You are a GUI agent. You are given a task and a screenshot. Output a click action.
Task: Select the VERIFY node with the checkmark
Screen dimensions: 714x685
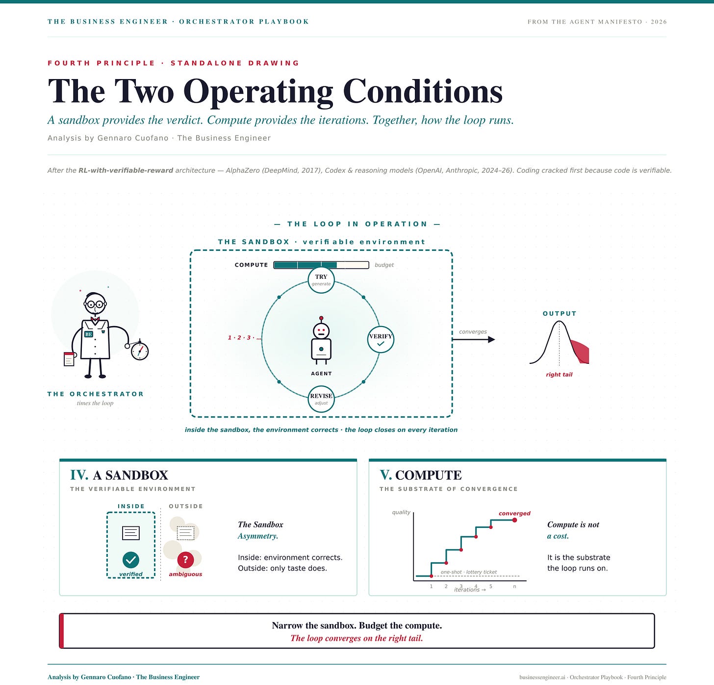(381, 339)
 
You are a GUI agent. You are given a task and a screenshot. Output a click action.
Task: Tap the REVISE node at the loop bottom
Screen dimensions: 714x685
(321, 399)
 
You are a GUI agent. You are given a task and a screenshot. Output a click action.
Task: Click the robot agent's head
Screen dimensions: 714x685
(321, 329)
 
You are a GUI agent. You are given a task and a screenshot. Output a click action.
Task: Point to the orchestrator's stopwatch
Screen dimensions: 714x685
(140, 351)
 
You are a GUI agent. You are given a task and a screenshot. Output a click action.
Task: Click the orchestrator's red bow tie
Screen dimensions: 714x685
(95, 319)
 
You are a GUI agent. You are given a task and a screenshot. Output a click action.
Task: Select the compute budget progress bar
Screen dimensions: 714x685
(321, 265)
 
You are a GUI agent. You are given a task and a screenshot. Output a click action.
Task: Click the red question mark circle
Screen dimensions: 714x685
(185, 559)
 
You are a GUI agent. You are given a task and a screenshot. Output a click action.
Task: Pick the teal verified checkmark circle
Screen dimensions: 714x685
(131, 559)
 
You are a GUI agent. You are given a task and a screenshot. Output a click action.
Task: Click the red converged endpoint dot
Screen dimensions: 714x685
(514, 520)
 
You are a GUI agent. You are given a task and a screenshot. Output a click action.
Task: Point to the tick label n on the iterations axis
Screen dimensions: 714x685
(514, 586)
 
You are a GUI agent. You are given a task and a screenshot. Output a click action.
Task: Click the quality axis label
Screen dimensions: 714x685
(401, 512)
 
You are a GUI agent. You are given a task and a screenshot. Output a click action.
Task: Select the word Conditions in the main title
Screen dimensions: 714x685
(423, 91)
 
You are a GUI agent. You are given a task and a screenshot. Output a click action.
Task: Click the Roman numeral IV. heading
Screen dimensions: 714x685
(79, 475)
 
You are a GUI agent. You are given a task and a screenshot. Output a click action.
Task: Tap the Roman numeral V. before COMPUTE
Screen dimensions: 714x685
(386, 475)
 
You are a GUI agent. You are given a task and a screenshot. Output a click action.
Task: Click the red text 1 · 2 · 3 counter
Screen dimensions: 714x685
(244, 337)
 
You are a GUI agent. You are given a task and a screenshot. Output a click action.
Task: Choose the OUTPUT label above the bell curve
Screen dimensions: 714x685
(560, 313)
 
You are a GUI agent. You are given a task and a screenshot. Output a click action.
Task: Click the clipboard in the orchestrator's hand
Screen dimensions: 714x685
(69, 359)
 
